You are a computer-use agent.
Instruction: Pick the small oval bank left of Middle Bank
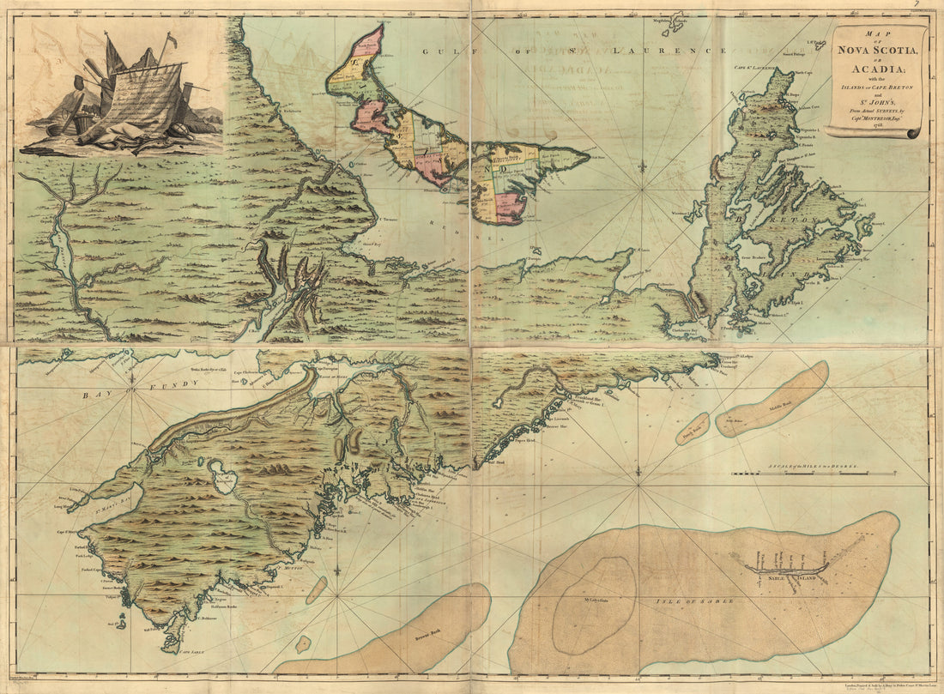point(693,429)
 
